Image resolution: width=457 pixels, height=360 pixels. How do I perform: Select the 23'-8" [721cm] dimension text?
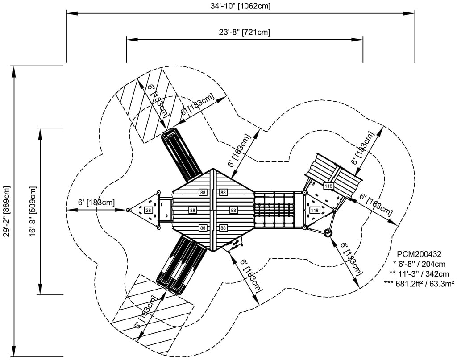click(245, 32)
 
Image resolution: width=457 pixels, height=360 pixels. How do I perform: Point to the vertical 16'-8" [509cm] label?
click(33, 211)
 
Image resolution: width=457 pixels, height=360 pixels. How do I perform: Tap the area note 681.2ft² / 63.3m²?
click(419, 283)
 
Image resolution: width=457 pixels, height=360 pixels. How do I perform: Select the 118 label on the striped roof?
click(328, 186)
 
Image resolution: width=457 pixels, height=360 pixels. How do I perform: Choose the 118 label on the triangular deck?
click(314, 210)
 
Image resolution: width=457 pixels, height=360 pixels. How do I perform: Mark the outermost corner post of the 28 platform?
click(128, 210)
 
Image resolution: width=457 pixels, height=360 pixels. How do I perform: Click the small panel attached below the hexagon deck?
click(236, 243)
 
